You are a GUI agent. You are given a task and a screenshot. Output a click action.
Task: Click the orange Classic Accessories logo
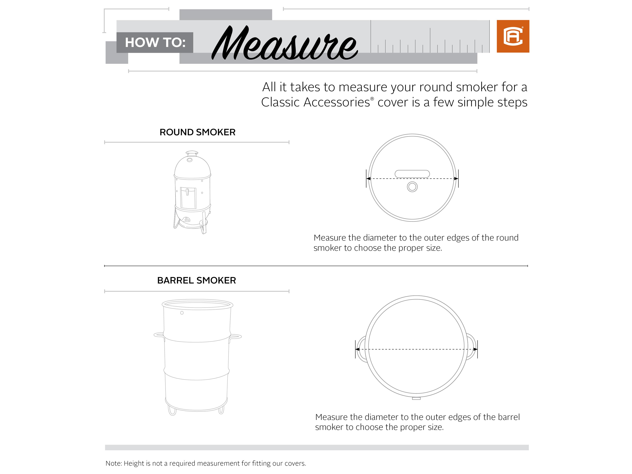(513, 36)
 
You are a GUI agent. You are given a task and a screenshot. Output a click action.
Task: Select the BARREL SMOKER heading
(197, 280)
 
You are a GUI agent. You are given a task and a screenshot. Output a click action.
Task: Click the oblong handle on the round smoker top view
(412, 174)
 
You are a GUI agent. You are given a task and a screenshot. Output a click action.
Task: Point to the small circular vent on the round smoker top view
(412, 187)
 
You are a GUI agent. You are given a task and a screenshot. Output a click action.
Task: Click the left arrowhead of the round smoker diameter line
(369, 179)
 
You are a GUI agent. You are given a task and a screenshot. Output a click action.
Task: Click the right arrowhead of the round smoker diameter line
(456, 179)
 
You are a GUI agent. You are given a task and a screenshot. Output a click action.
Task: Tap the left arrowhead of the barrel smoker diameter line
(357, 349)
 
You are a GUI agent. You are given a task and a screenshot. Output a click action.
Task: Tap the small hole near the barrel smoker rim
(182, 313)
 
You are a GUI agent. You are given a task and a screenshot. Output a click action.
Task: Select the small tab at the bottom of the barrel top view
(416, 398)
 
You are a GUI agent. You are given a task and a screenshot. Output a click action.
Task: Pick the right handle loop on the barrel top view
(471, 347)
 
